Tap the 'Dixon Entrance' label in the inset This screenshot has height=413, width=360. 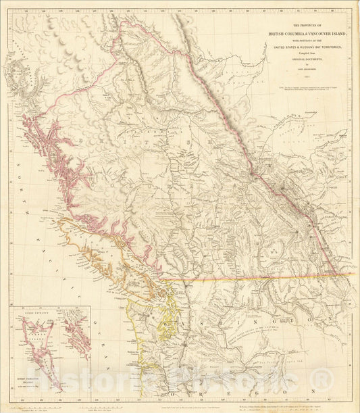[41, 313]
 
